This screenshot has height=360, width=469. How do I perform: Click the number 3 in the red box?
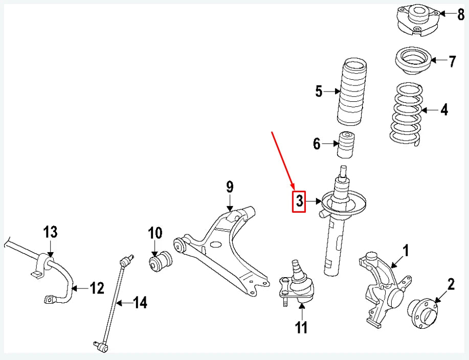(x=299, y=201)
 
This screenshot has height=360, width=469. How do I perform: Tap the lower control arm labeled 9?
(x=225, y=251)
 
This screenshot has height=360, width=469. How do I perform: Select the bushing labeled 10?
(x=161, y=262)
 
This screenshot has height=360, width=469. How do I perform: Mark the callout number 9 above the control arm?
(x=230, y=188)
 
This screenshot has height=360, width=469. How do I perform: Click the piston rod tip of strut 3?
(x=343, y=168)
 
